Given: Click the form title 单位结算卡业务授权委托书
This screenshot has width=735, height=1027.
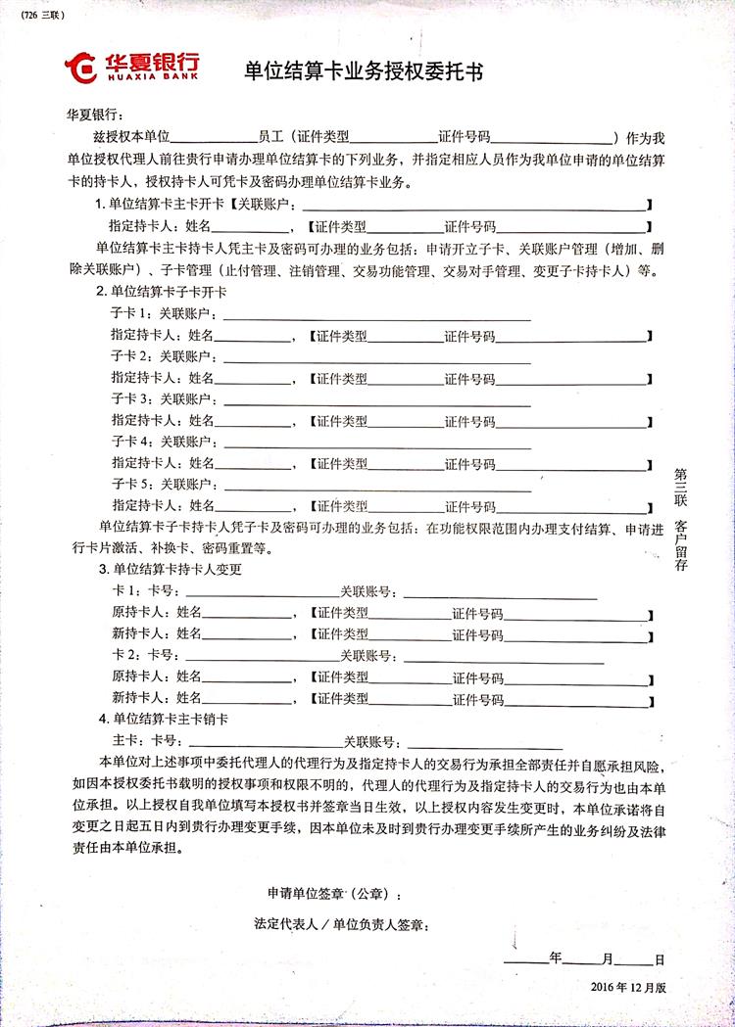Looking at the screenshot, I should click(x=365, y=70).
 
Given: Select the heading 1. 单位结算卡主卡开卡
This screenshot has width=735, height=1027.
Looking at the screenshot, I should click(x=160, y=204).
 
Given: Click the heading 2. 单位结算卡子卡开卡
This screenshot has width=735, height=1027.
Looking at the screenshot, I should click(x=161, y=292).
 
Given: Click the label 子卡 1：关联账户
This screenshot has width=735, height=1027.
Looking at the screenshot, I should click(x=166, y=314).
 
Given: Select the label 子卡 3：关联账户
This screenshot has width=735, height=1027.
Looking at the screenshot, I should click(x=166, y=399).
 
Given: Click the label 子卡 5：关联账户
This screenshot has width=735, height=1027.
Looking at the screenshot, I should click(x=166, y=485).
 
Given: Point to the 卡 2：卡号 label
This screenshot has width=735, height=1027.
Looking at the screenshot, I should click(x=145, y=654).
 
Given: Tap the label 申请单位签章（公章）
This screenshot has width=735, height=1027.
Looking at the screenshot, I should click(x=333, y=894).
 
